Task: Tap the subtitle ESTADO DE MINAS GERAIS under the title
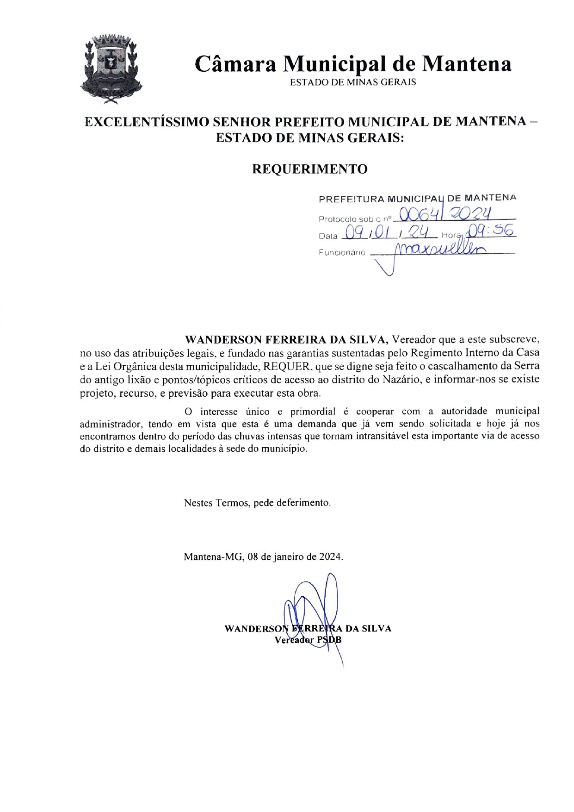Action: pos(352,82)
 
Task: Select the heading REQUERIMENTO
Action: pos(309,169)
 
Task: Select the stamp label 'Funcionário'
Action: pos(342,253)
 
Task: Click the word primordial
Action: pos(313,412)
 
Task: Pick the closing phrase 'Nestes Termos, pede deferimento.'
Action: pos(257,503)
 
